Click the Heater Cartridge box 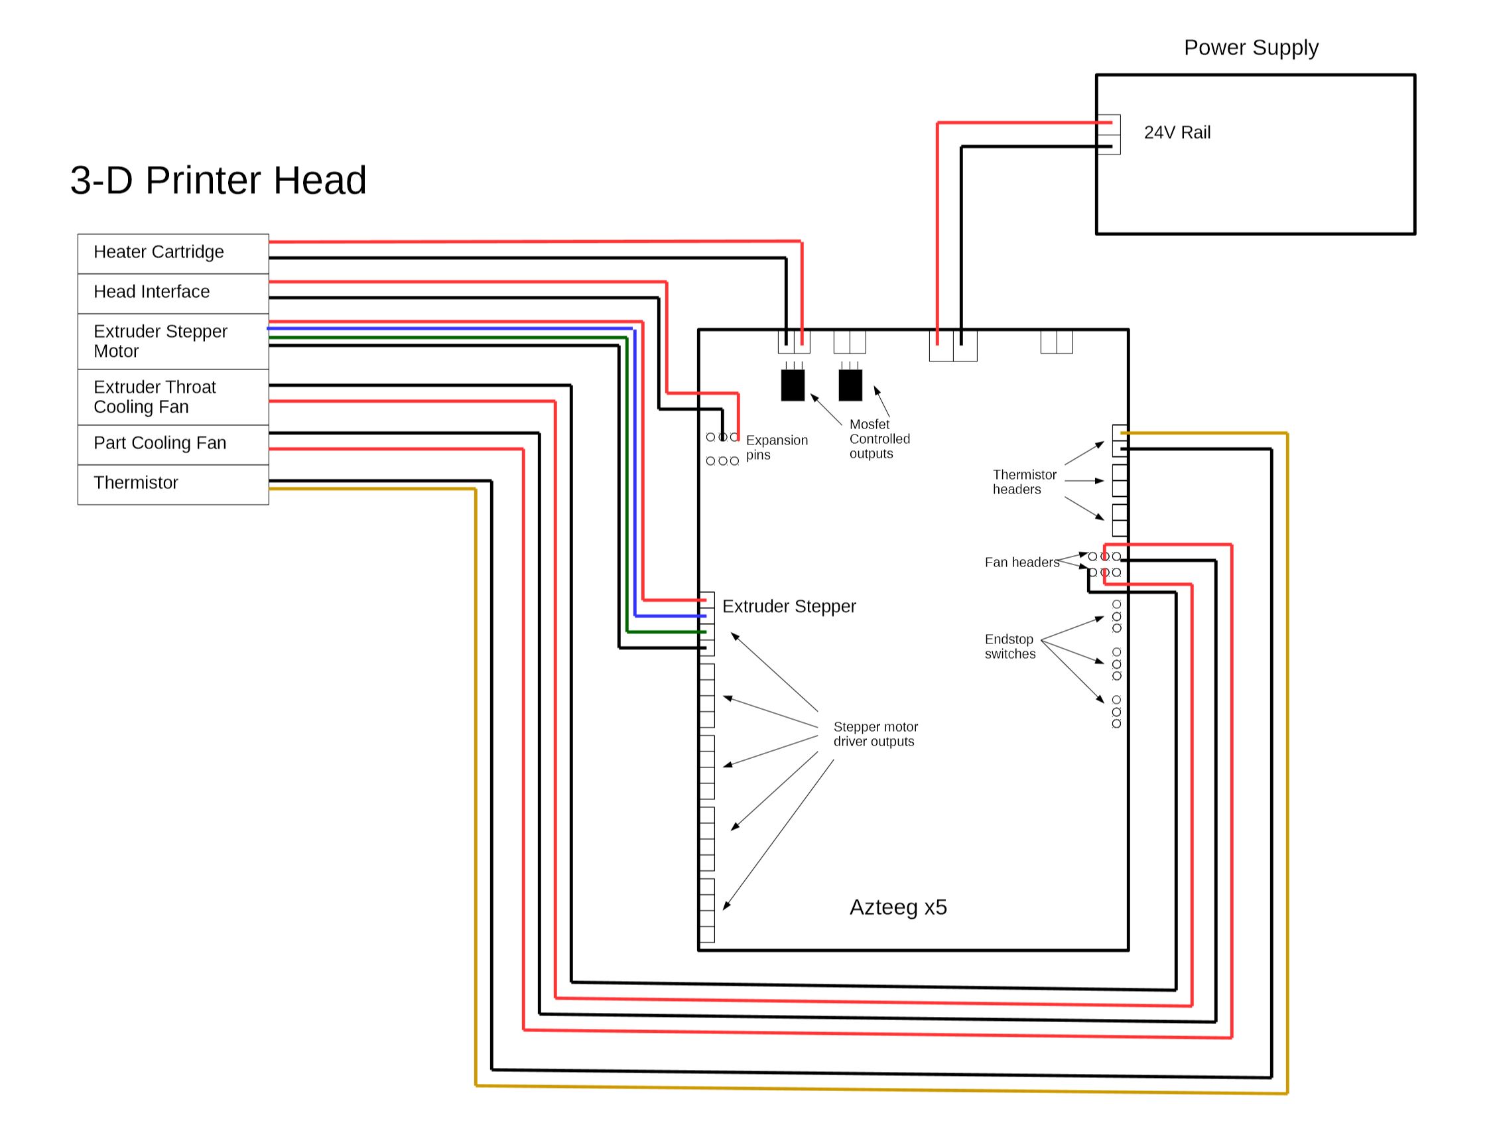point(172,253)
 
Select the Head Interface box point(172,293)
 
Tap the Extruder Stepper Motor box point(172,341)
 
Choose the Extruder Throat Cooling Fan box point(172,397)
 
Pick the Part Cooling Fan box point(172,444)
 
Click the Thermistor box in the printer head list point(172,484)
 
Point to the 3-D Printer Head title point(218,180)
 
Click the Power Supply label point(1250,48)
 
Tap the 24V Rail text point(1177,133)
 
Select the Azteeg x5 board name point(898,907)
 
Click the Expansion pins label point(776,448)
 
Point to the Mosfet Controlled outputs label point(879,439)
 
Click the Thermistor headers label point(1024,482)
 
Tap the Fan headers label point(1021,562)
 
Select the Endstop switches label point(1009,647)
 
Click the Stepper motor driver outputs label point(875,734)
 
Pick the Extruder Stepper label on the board point(789,607)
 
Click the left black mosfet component point(793,385)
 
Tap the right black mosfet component point(850,385)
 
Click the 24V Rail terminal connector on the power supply point(1109,135)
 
